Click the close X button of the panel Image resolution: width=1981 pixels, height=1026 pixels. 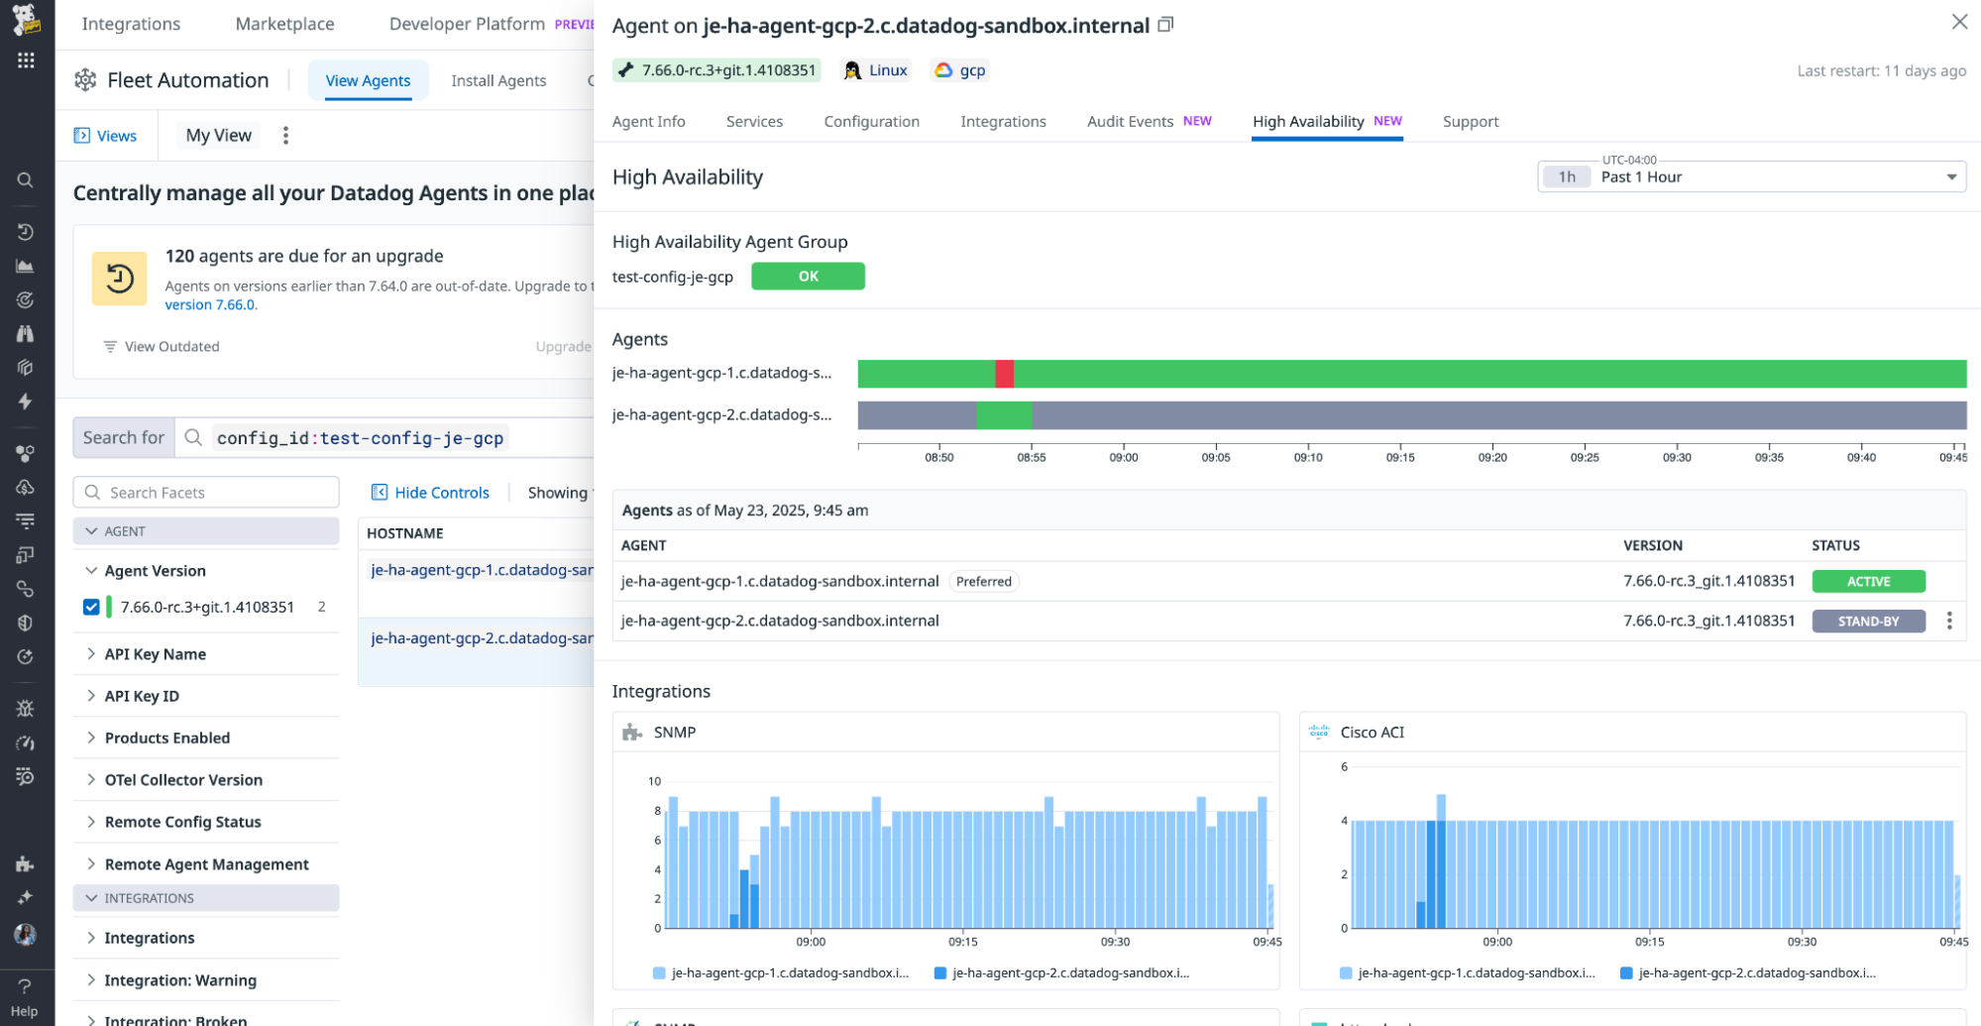1958,22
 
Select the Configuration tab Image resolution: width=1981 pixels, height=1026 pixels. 871,121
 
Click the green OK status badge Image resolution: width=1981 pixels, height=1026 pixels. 808,277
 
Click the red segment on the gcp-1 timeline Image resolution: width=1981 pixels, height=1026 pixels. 1004,374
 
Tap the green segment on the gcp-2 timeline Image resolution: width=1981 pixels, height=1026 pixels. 1003,415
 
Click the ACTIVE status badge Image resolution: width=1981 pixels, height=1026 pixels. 1867,582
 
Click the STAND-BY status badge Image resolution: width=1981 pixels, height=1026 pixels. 1867,622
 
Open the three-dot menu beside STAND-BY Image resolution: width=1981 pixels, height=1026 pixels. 1948,621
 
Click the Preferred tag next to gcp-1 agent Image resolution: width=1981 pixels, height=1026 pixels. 983,582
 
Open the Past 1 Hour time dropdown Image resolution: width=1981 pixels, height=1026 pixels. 1751,177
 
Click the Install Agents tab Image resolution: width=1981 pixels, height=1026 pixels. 498,80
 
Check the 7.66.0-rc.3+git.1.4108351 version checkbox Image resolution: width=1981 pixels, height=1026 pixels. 91,607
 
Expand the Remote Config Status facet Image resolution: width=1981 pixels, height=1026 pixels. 182,822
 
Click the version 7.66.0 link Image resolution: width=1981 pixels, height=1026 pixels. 210,304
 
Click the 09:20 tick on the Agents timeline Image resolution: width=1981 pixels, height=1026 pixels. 1491,457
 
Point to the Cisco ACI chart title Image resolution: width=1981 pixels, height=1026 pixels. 1372,733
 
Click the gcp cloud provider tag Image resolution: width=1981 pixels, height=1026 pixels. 961,70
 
